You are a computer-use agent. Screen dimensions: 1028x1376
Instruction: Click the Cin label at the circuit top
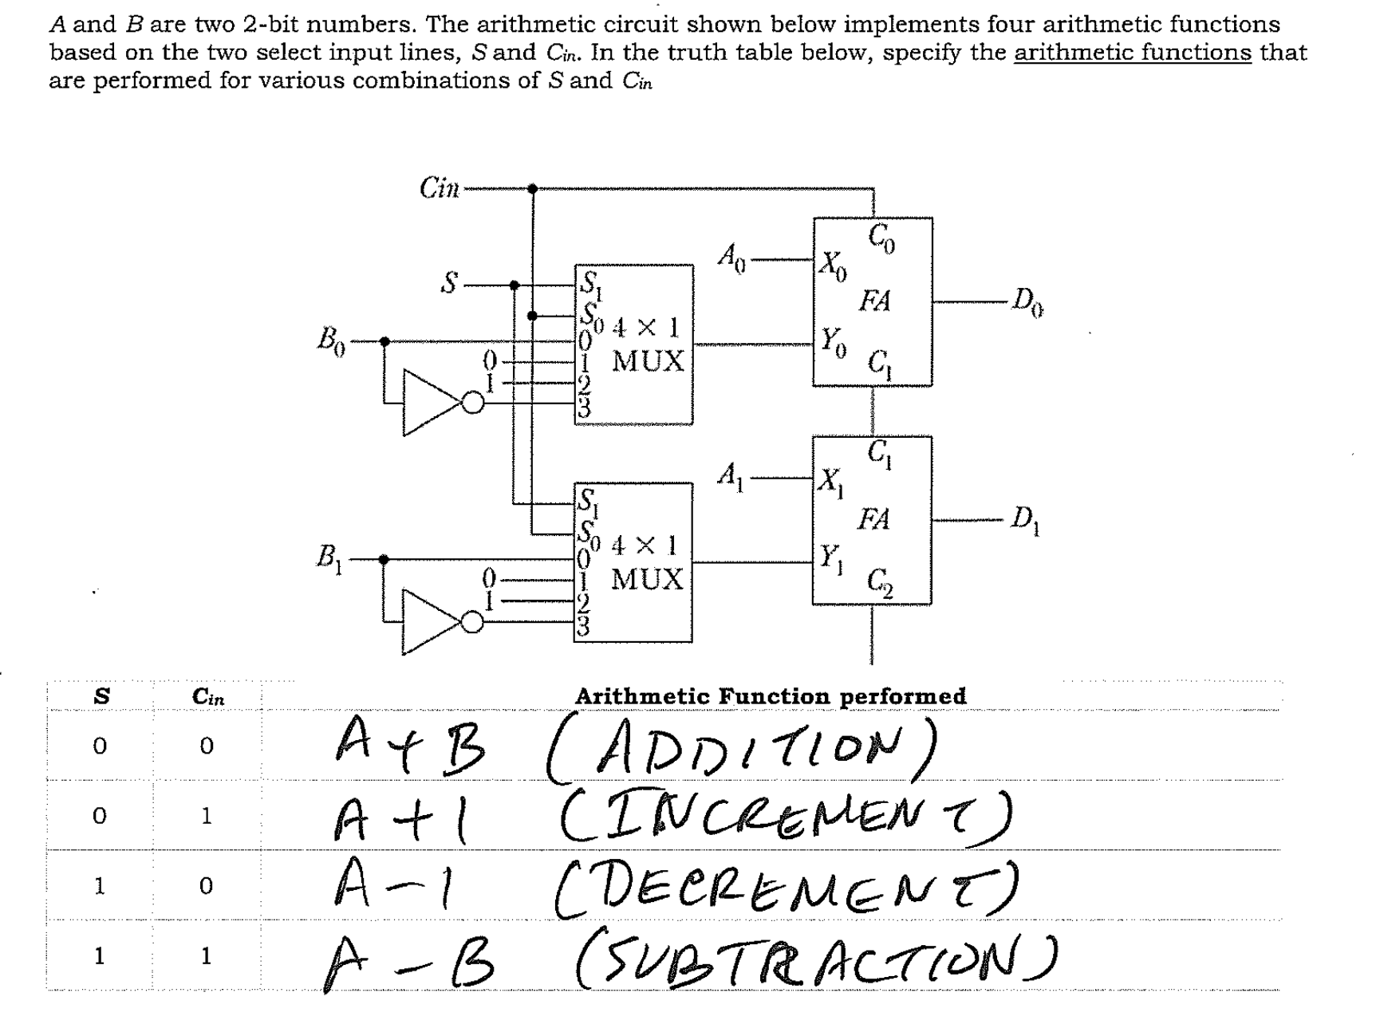pyautogui.click(x=439, y=189)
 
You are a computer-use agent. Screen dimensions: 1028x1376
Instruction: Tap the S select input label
pyautogui.click(x=451, y=283)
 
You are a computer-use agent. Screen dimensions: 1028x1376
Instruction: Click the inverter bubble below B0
pyautogui.click(x=473, y=404)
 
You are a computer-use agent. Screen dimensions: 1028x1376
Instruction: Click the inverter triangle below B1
pyautogui.click(x=428, y=622)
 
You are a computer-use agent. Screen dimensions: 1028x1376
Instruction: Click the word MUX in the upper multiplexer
pyautogui.click(x=648, y=361)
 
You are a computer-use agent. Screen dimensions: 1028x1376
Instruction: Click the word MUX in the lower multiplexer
pyautogui.click(x=647, y=579)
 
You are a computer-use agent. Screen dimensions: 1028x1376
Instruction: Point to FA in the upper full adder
pyautogui.click(x=874, y=301)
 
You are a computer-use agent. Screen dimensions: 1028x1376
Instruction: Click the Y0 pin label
pyautogui.click(x=833, y=343)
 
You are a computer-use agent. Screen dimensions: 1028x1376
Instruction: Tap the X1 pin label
pyautogui.click(x=830, y=481)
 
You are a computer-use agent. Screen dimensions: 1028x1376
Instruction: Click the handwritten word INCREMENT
pyautogui.click(x=786, y=815)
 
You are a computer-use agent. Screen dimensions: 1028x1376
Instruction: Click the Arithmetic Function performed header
pyautogui.click(x=770, y=696)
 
